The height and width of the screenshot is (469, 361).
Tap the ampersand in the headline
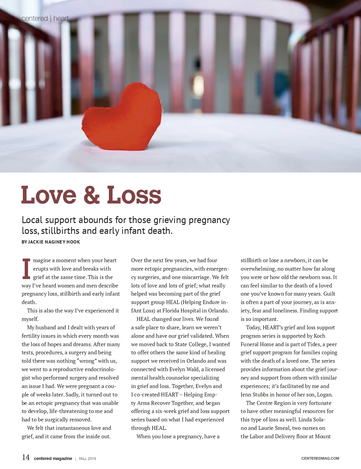coord(91,195)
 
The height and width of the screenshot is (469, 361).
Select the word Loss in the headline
coord(134,195)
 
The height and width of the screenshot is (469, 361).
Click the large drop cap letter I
coord(26,269)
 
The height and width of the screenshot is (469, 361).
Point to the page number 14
coord(26,458)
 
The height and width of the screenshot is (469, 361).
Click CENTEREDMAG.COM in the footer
coord(320,458)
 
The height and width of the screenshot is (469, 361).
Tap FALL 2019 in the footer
coord(87,458)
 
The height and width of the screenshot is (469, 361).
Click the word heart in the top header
coord(61,18)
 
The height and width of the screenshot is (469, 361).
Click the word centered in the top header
coord(35,18)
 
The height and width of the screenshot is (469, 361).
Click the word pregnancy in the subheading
coord(209,220)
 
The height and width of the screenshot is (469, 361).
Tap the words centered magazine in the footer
coord(53,458)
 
